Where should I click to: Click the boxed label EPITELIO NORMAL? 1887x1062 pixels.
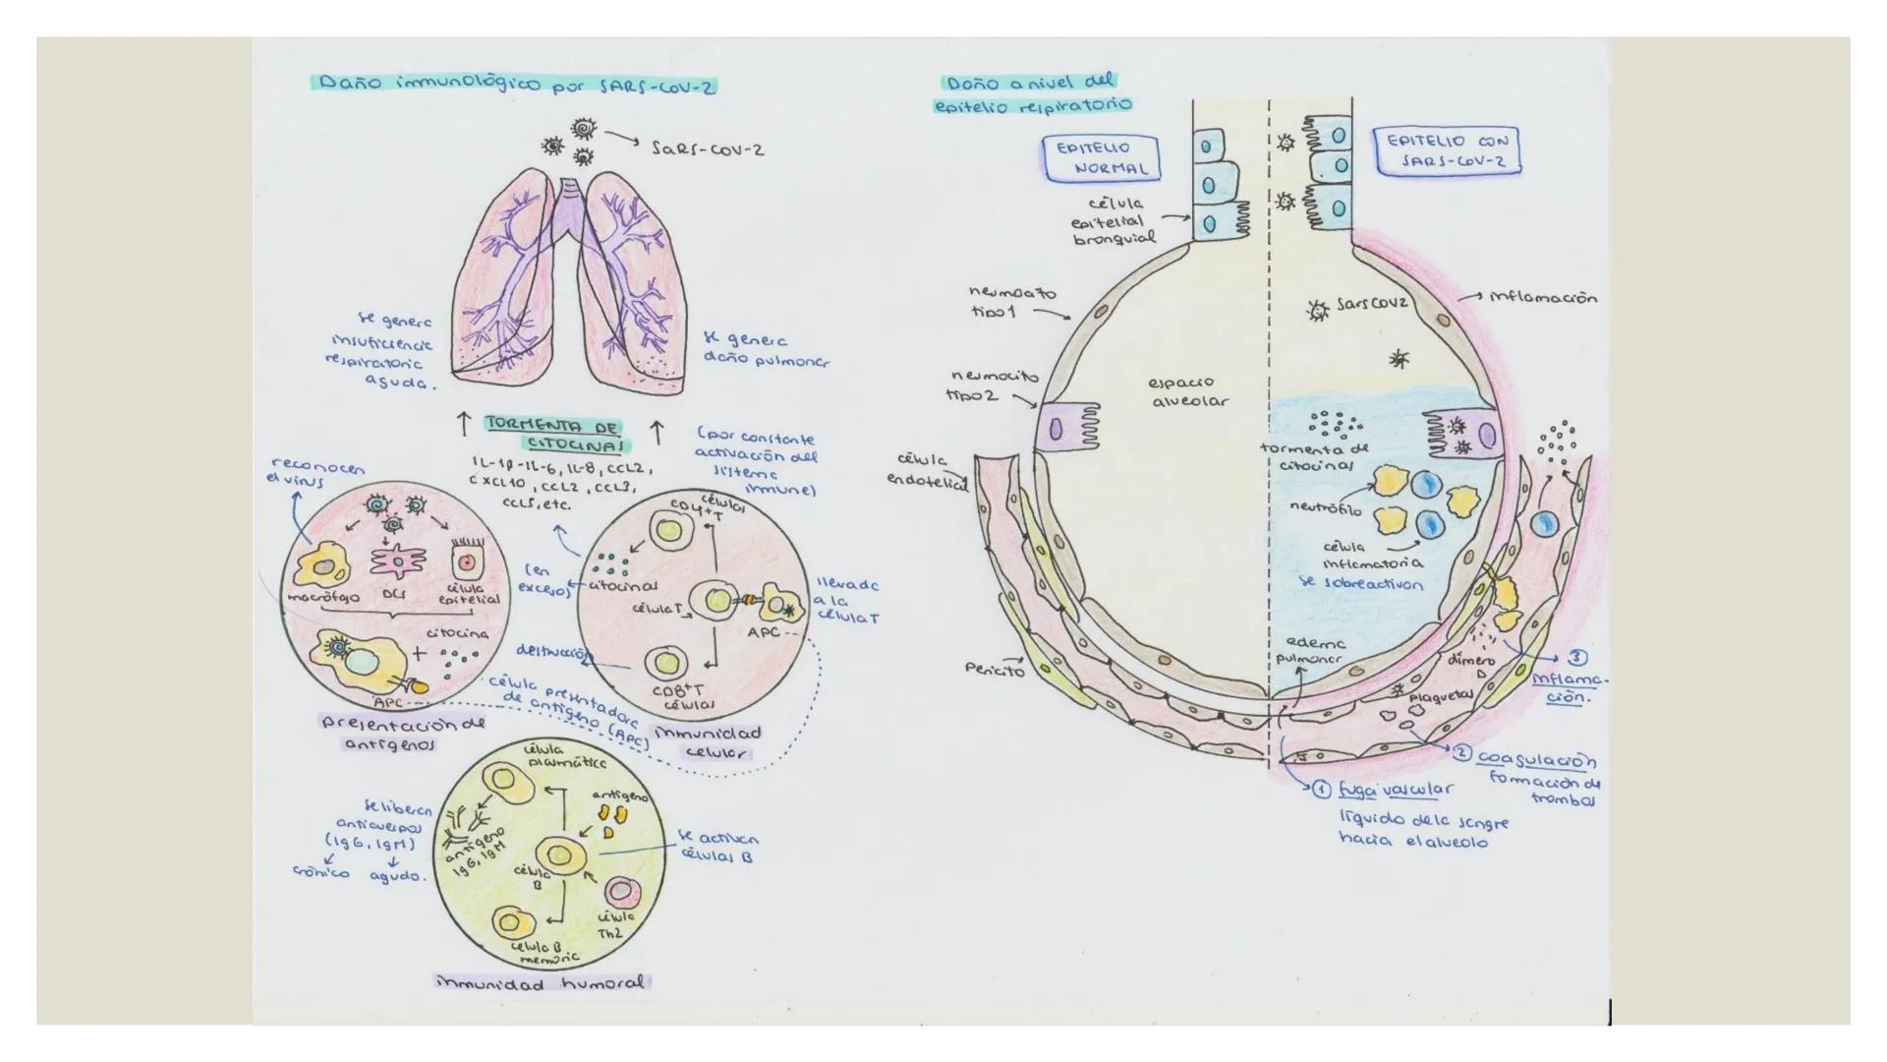pyautogui.click(x=1101, y=158)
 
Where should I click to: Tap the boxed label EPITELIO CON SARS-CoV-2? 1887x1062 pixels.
pyautogui.click(x=1447, y=150)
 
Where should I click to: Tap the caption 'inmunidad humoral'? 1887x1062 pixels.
pyautogui.click(x=543, y=981)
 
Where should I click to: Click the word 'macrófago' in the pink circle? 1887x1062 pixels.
pyautogui.click(x=323, y=597)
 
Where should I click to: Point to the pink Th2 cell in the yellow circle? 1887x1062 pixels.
pyautogui.click(x=621, y=892)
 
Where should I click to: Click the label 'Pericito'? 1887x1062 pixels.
pyautogui.click(x=995, y=670)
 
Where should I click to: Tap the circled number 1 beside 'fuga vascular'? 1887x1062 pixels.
pyautogui.click(x=1322, y=789)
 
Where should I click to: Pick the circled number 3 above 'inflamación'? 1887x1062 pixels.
pyautogui.click(x=1577, y=657)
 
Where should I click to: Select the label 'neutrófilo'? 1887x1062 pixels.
pyautogui.click(x=1326, y=509)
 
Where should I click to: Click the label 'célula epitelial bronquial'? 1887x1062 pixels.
pyautogui.click(x=1114, y=221)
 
